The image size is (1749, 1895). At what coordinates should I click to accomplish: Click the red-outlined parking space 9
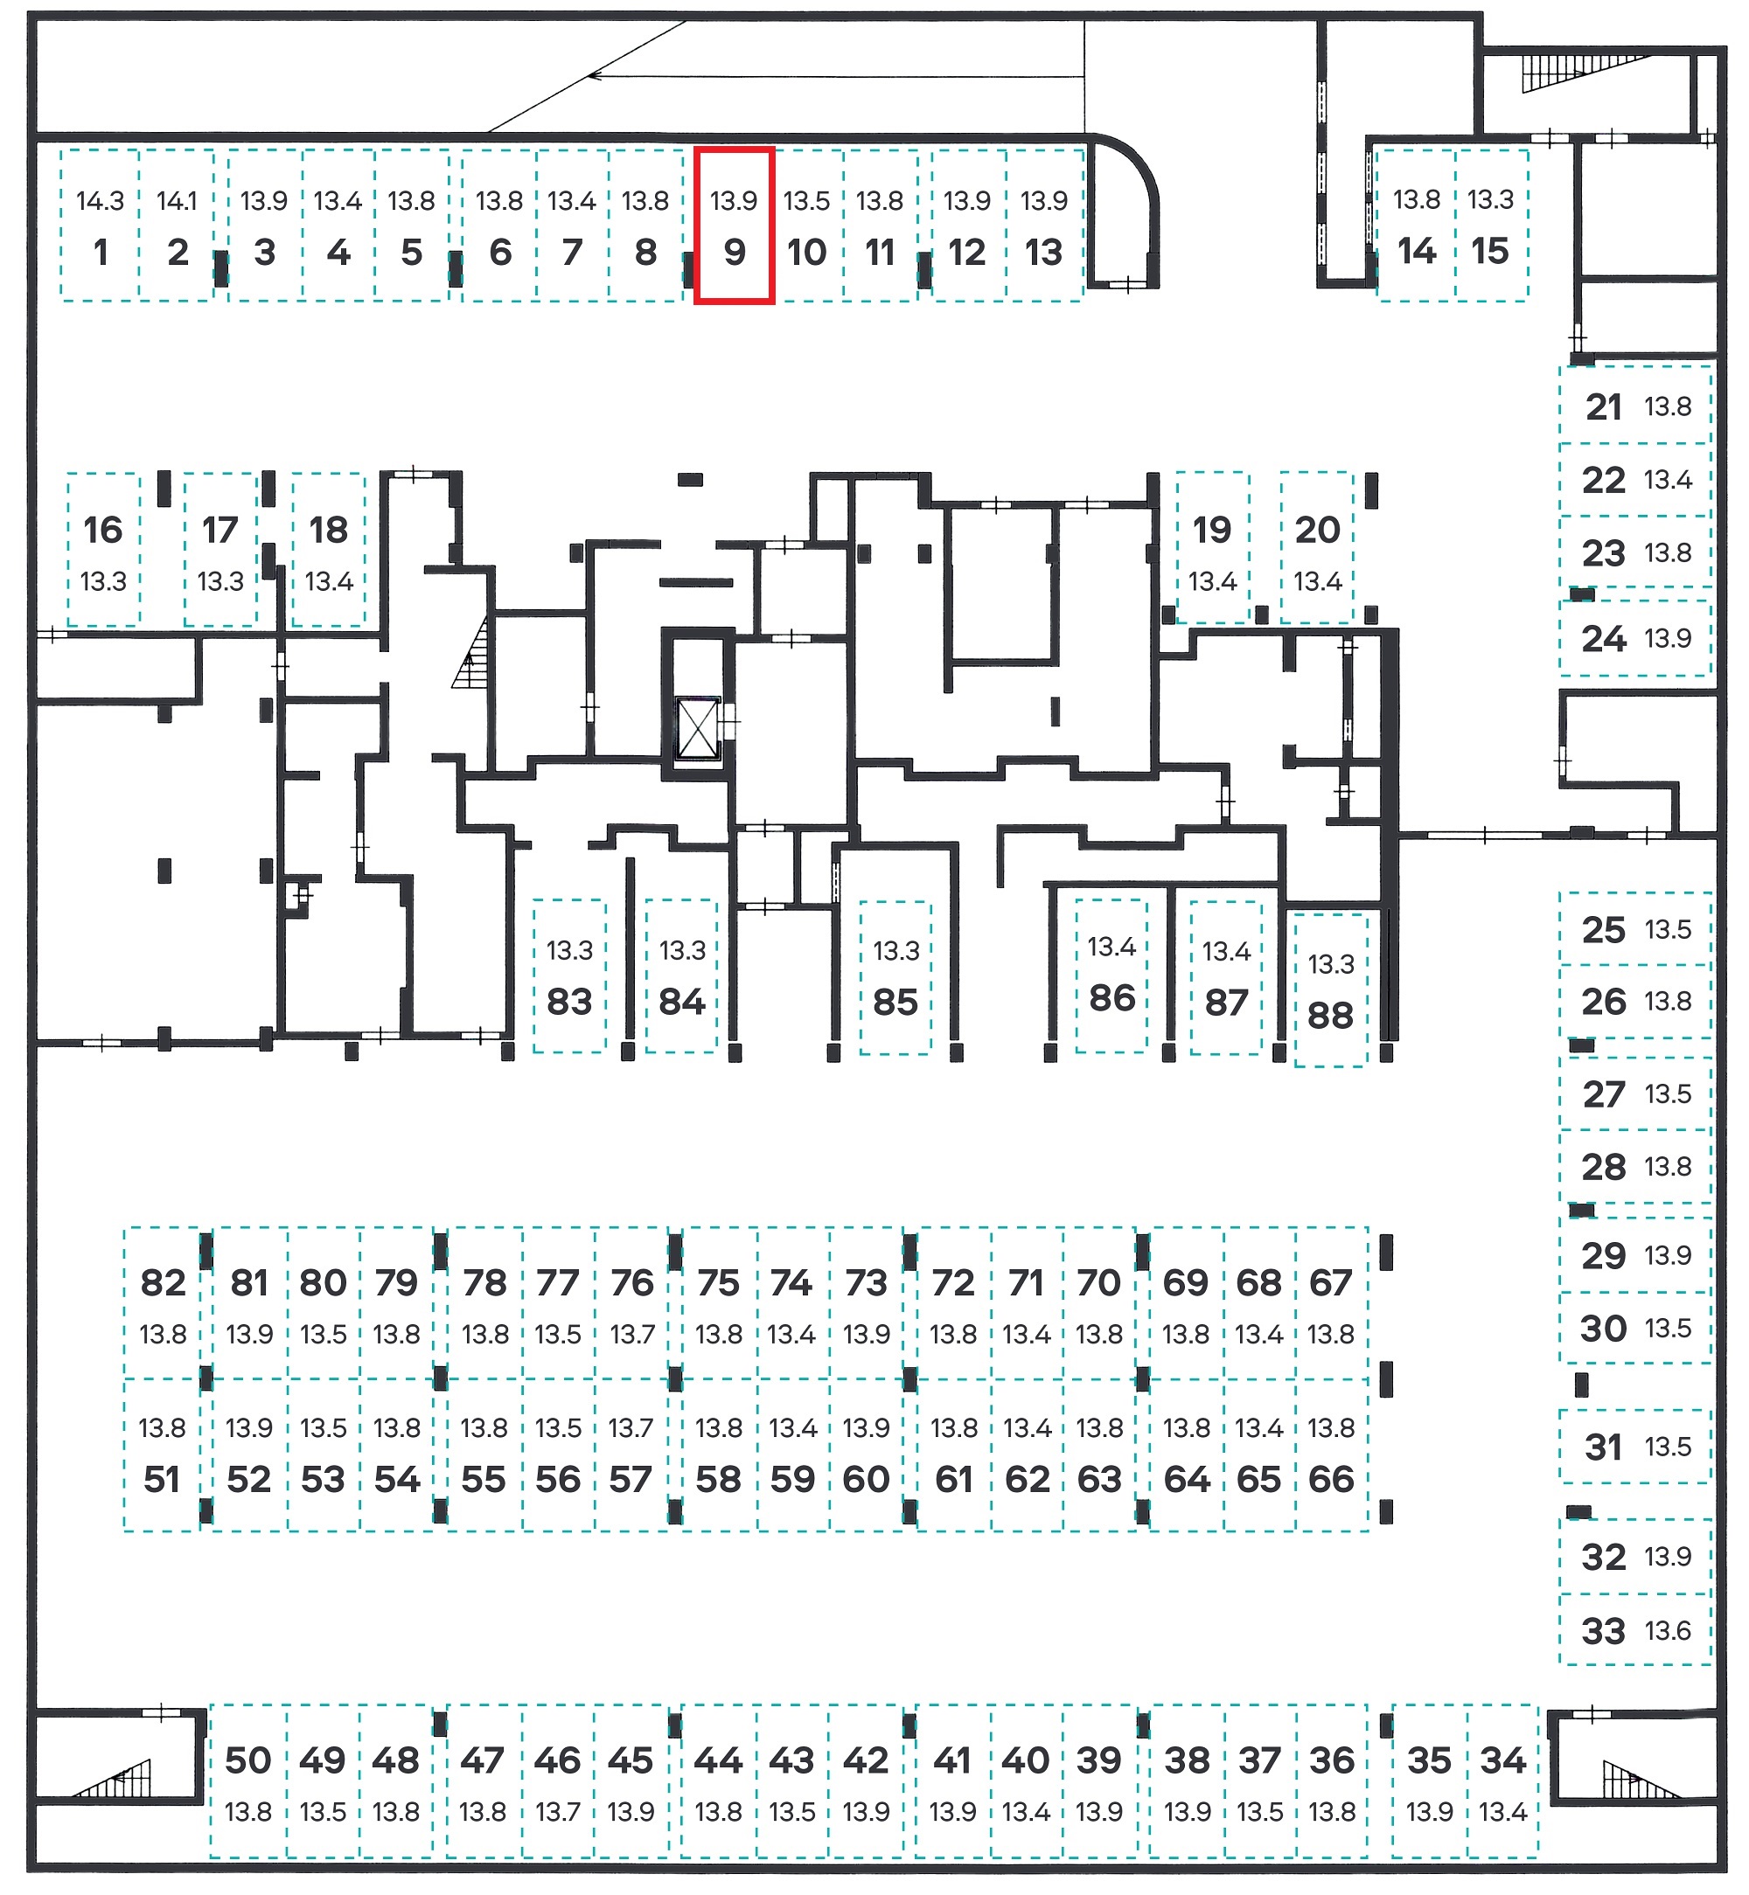coord(735,226)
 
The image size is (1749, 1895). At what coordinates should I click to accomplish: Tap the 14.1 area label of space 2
coord(177,200)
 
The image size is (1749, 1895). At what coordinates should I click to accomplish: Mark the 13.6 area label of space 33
coord(1668,1630)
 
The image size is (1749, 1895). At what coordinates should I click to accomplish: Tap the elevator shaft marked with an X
coord(698,728)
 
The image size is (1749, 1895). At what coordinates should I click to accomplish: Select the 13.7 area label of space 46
coord(557,1812)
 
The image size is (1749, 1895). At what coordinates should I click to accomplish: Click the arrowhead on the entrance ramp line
coord(596,75)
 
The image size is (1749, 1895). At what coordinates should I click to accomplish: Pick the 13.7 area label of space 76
coord(632,1334)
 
